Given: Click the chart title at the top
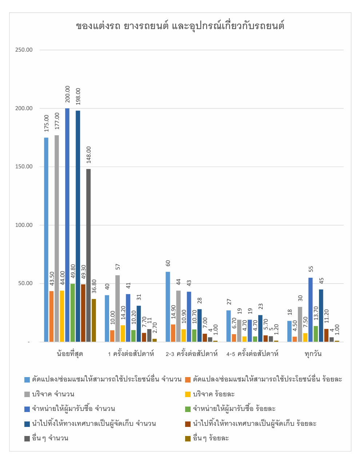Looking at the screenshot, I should (x=180, y=26).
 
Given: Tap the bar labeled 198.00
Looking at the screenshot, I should (x=78, y=226).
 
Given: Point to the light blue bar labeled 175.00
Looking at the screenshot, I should (x=46, y=240).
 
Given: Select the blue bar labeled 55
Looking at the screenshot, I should (x=311, y=309).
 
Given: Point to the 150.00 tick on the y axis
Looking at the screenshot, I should (x=24, y=167).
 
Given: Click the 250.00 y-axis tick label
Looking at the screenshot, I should (x=24, y=50).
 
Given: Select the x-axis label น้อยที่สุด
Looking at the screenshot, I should (x=70, y=354).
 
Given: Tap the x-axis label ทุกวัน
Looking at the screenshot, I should (x=313, y=354).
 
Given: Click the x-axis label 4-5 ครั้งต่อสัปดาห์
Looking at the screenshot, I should (x=252, y=354).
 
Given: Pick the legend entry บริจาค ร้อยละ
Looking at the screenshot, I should (x=210, y=394).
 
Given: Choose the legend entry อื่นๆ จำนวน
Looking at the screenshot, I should (x=47, y=438).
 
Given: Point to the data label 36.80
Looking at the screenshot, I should (x=94, y=286).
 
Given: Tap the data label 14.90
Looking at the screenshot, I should (x=173, y=312).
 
